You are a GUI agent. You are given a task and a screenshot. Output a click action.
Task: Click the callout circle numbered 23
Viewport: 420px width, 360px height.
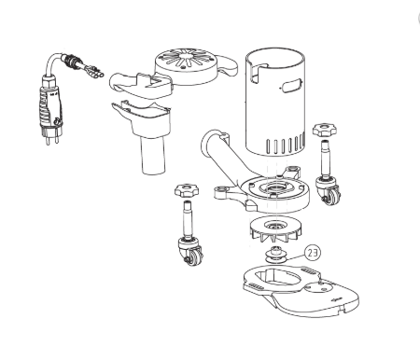click(313, 253)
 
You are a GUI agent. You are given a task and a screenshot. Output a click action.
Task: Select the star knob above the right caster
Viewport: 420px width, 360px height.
click(325, 130)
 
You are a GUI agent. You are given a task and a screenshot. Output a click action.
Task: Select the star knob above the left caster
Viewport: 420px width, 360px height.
click(187, 190)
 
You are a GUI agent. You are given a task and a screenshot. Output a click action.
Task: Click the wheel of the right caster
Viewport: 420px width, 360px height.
click(333, 196)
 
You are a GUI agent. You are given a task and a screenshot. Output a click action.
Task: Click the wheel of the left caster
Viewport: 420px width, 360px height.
click(196, 256)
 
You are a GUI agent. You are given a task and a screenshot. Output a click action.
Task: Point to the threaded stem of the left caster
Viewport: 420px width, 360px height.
click(189, 219)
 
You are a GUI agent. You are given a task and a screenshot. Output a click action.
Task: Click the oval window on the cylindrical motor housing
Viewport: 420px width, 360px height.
click(291, 85)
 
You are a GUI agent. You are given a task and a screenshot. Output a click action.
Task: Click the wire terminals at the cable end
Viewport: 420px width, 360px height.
click(95, 72)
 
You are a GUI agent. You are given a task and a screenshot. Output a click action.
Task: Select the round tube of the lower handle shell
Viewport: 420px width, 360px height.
click(153, 155)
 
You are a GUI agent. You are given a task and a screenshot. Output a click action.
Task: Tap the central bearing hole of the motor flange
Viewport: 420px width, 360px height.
click(275, 187)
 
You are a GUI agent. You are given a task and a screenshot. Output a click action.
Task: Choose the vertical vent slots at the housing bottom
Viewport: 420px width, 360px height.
click(286, 145)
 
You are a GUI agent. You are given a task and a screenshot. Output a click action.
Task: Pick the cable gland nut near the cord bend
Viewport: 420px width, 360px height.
click(71, 61)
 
